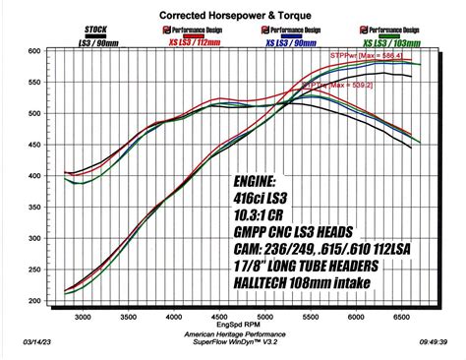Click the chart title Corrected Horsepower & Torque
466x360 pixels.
click(x=233, y=17)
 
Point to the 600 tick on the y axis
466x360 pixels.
click(x=34, y=51)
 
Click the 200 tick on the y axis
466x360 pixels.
click(x=34, y=301)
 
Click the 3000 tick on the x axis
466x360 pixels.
click(x=83, y=317)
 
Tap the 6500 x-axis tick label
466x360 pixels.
click(x=399, y=317)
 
